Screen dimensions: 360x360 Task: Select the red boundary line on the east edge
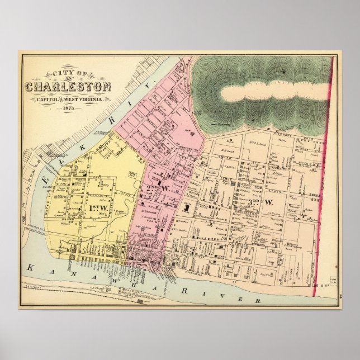click(327, 168)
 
